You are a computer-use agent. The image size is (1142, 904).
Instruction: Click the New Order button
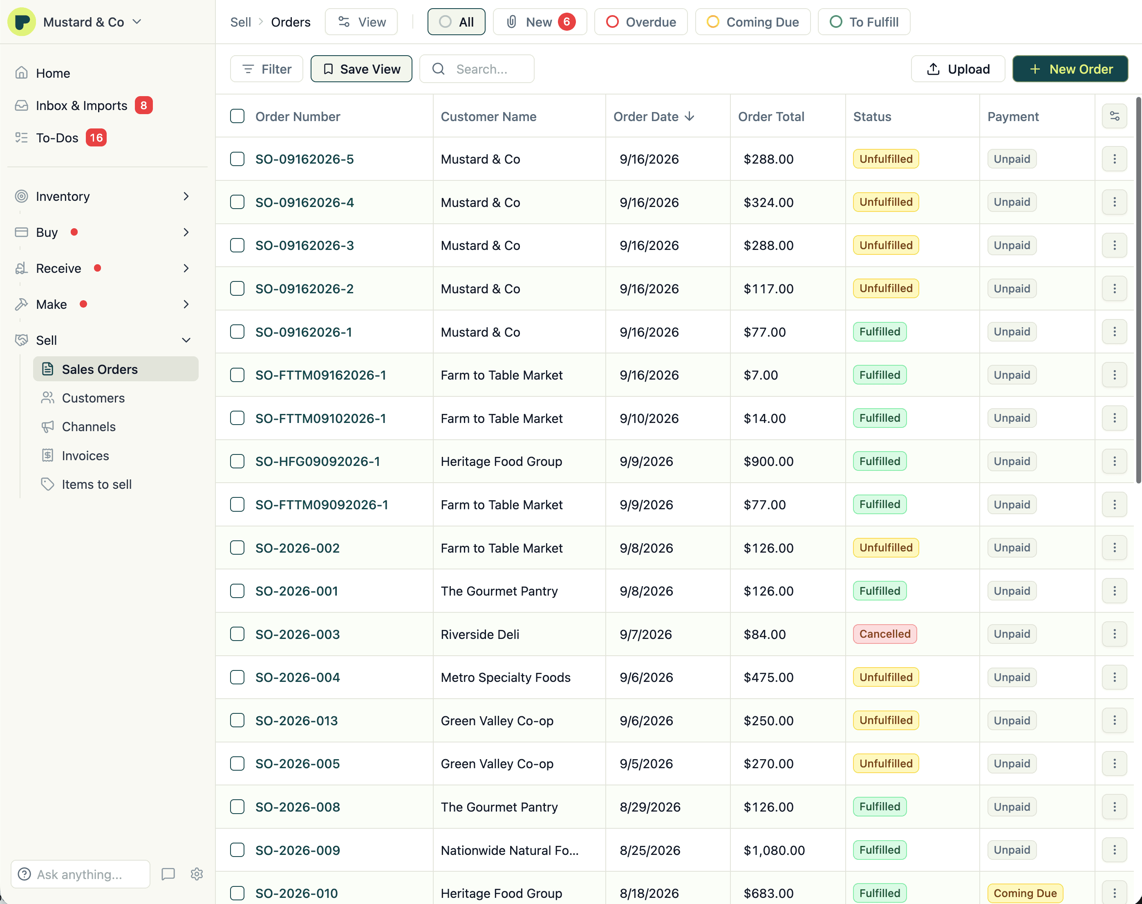1070,69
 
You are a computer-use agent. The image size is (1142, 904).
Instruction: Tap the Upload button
958,69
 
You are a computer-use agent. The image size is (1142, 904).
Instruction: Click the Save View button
361,69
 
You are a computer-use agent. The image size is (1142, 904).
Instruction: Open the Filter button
266,69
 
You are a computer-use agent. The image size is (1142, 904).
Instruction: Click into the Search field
477,69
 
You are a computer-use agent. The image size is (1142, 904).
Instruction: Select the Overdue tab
640,22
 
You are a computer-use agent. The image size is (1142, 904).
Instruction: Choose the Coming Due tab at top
753,22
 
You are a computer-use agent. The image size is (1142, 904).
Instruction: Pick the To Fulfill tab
864,22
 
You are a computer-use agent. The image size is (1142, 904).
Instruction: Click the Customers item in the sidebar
93,398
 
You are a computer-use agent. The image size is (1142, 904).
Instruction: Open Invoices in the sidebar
85,456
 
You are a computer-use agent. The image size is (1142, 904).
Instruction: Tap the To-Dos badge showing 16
96,137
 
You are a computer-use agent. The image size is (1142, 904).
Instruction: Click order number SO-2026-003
297,634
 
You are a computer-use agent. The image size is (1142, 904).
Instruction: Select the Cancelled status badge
884,634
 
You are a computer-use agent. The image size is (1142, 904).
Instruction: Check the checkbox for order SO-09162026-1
237,332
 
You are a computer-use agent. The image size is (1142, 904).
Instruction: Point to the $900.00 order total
768,461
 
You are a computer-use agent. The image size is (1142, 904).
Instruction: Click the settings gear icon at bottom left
197,874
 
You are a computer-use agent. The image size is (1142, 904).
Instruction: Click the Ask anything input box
81,874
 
